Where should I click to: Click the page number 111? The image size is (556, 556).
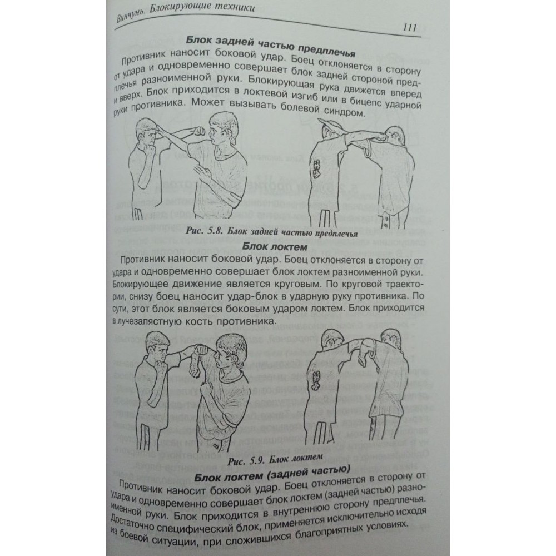tap(410, 27)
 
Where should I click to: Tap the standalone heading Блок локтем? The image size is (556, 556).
tap(275, 246)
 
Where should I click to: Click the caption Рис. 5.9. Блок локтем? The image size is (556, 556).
tap(275, 459)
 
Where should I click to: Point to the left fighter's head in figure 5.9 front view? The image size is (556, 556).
tap(158, 348)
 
